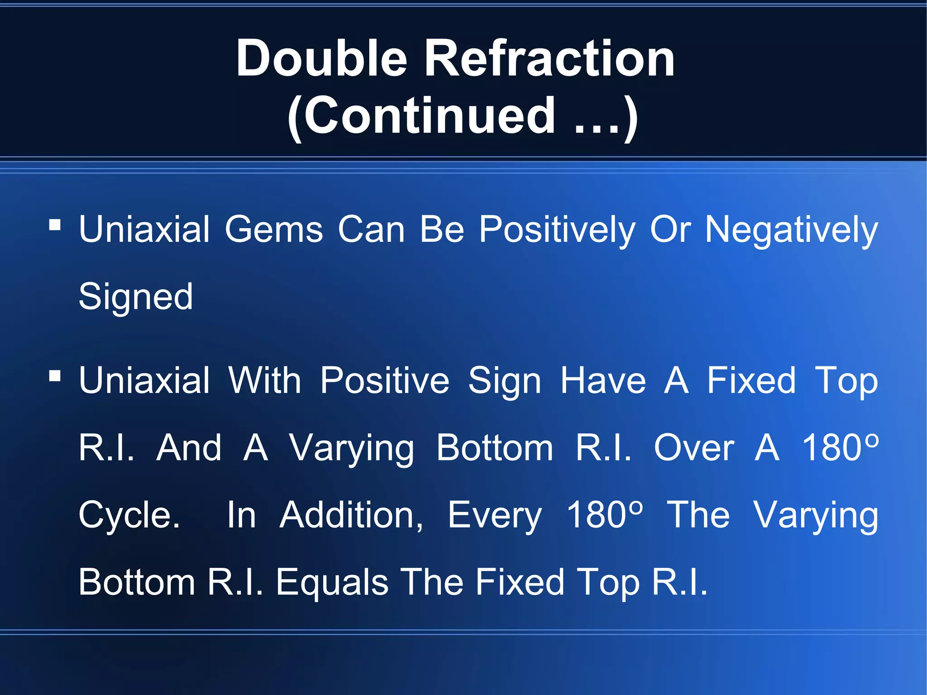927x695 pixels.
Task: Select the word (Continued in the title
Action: [x=421, y=116]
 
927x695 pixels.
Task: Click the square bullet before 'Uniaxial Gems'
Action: [x=55, y=225]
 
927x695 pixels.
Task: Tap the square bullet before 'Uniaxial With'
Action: [x=55, y=375]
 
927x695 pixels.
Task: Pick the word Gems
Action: [x=274, y=230]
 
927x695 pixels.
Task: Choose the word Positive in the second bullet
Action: [x=385, y=381]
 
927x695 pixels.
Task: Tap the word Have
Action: [x=603, y=381]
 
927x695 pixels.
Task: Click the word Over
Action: [x=694, y=448]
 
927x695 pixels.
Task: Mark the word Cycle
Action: [x=129, y=516]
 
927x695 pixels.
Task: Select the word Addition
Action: [x=351, y=515]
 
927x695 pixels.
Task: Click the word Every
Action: [x=495, y=516]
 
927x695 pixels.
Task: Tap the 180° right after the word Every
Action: [x=605, y=515]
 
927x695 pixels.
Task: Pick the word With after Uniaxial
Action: [x=265, y=381]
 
